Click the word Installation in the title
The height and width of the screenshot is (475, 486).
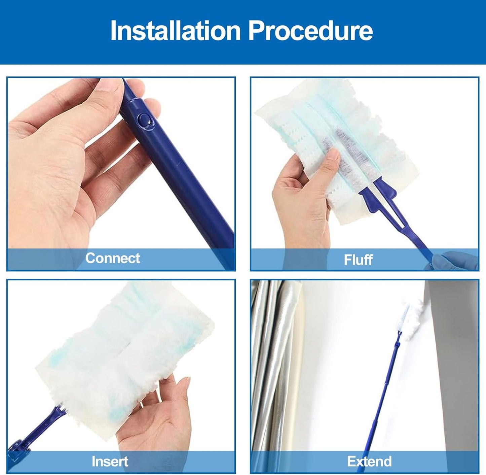point(175,31)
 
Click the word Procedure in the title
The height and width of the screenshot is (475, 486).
point(310,31)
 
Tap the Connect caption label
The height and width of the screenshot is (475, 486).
point(112,258)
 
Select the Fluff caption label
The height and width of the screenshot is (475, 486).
point(358,260)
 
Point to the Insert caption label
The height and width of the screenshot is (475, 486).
point(110,461)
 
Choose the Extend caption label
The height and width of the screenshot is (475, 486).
point(369,461)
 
